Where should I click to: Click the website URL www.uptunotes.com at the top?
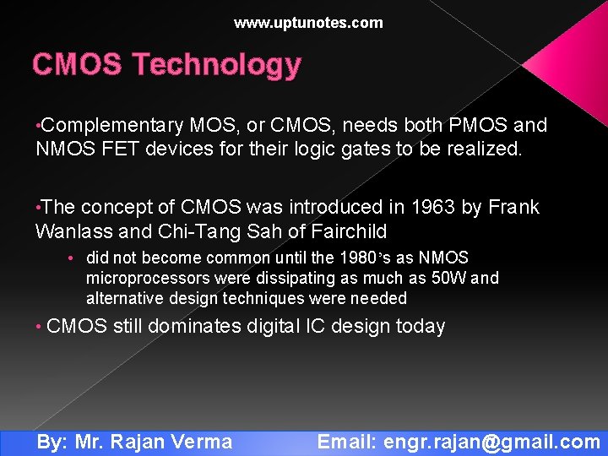(308, 23)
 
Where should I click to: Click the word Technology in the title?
(216, 64)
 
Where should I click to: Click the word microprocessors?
(148, 278)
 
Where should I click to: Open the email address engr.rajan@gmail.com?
(491, 442)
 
